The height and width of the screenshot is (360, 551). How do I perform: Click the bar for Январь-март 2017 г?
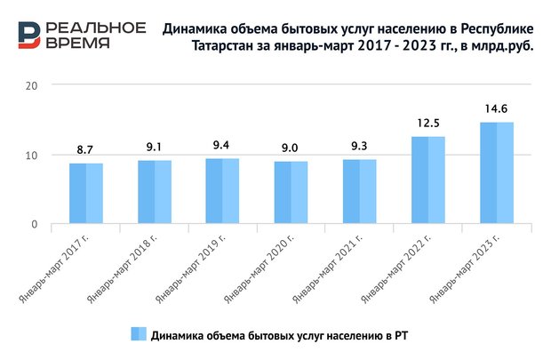tap(86, 194)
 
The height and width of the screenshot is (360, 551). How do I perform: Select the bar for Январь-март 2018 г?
tap(155, 192)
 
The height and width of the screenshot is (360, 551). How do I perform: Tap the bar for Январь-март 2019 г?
tap(223, 191)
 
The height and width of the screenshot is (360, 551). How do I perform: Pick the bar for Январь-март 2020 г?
tap(291, 193)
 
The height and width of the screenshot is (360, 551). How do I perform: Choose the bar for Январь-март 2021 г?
tap(360, 192)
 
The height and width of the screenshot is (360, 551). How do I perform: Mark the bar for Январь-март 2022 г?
tap(428, 180)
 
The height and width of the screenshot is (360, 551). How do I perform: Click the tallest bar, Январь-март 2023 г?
tap(497, 173)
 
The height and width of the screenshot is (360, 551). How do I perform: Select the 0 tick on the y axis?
tap(36, 225)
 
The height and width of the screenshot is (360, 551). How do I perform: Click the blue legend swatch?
tap(138, 335)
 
